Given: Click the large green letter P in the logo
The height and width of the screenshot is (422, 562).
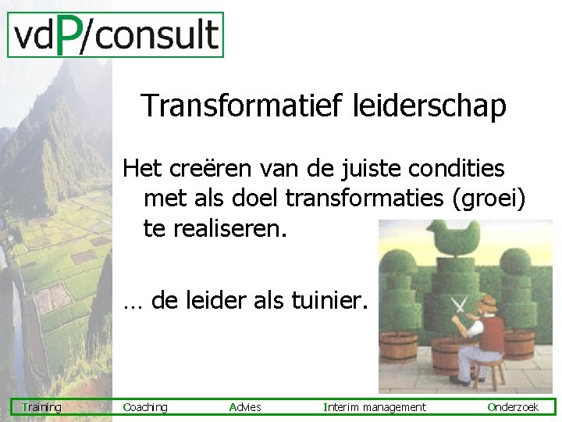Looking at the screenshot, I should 69,36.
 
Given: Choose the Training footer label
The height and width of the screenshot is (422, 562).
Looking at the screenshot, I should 42,407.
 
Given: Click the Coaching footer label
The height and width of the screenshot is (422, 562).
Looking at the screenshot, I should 146,407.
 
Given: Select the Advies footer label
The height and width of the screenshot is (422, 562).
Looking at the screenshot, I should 246,407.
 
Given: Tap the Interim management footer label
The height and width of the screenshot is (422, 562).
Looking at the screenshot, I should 375,407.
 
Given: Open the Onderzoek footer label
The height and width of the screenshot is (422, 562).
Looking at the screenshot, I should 514,407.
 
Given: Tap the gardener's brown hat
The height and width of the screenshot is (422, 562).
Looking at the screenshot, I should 488,302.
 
